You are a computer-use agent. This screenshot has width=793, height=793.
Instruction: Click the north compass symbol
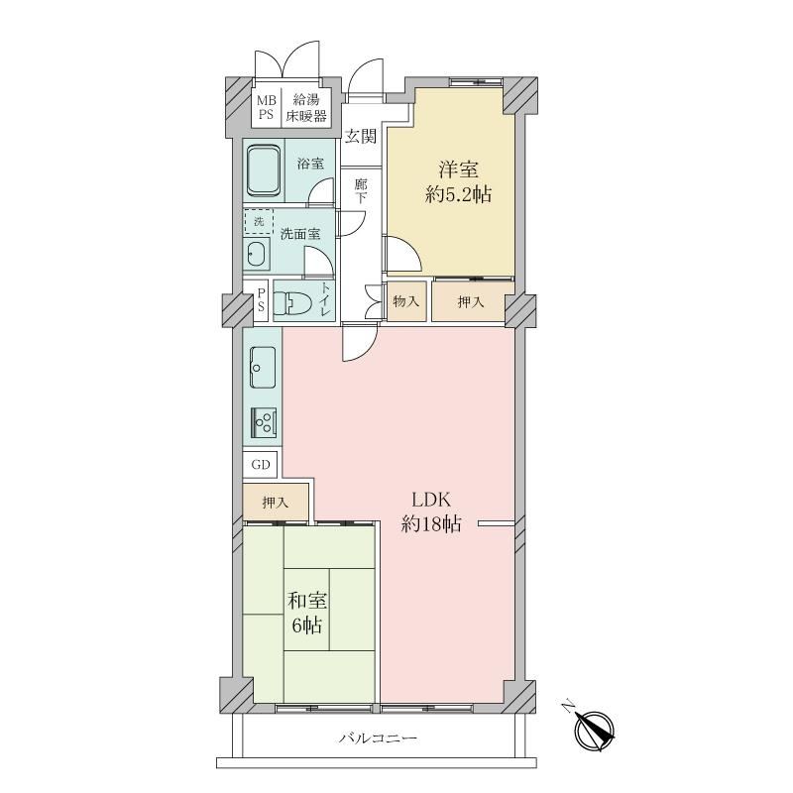coord(594,731)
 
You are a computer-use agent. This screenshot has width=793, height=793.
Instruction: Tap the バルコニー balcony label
coord(379,738)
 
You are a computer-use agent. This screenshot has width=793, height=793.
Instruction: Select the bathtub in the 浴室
coord(264,170)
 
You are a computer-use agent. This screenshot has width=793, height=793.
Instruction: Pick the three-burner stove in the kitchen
coord(264,423)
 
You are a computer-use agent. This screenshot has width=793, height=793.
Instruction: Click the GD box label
coord(261,464)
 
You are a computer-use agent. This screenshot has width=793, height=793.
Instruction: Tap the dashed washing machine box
coord(259,221)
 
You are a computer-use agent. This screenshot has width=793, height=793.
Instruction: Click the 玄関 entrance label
coord(361,136)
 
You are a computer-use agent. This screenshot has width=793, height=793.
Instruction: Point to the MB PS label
coord(266,107)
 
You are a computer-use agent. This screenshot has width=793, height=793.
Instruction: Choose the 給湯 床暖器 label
coord(306,108)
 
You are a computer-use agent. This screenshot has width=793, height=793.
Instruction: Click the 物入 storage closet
coord(406,301)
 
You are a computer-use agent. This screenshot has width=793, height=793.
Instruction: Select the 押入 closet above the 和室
coord(276,503)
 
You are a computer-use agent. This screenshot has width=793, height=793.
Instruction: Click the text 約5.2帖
coord(458,194)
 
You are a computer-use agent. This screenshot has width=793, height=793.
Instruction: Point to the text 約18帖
coord(431,524)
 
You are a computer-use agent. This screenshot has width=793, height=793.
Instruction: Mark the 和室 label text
coord(307,601)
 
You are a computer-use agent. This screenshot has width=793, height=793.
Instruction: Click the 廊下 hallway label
coord(361,190)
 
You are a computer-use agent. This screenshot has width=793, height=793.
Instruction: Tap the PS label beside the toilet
coord(261,300)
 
